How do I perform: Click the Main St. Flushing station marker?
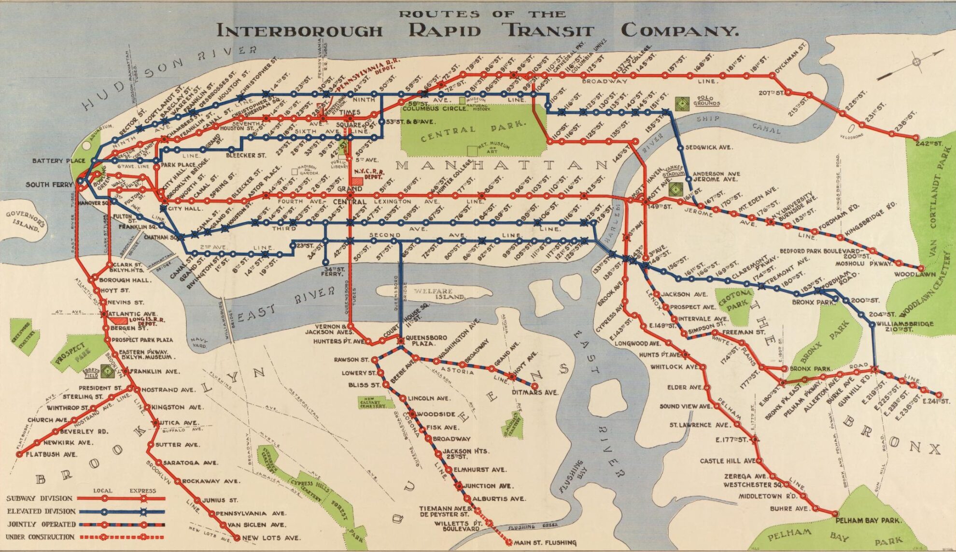(x=509, y=542)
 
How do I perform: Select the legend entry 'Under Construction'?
(x=41, y=537)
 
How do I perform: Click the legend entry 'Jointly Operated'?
(x=41, y=524)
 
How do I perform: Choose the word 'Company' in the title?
(x=679, y=30)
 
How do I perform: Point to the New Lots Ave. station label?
(x=271, y=537)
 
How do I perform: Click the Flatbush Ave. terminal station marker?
(x=19, y=454)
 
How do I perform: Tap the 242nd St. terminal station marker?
(x=915, y=138)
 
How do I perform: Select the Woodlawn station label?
(x=908, y=275)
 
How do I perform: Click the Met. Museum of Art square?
(x=472, y=150)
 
